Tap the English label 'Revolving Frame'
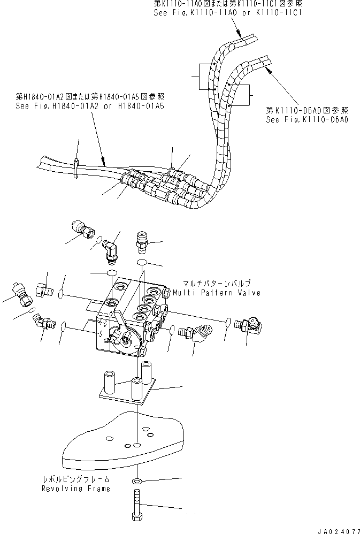tap(77, 489)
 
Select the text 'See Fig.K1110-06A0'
tap(307, 120)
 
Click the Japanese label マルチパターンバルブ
tap(217, 284)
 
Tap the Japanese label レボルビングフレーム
tap(77, 480)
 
